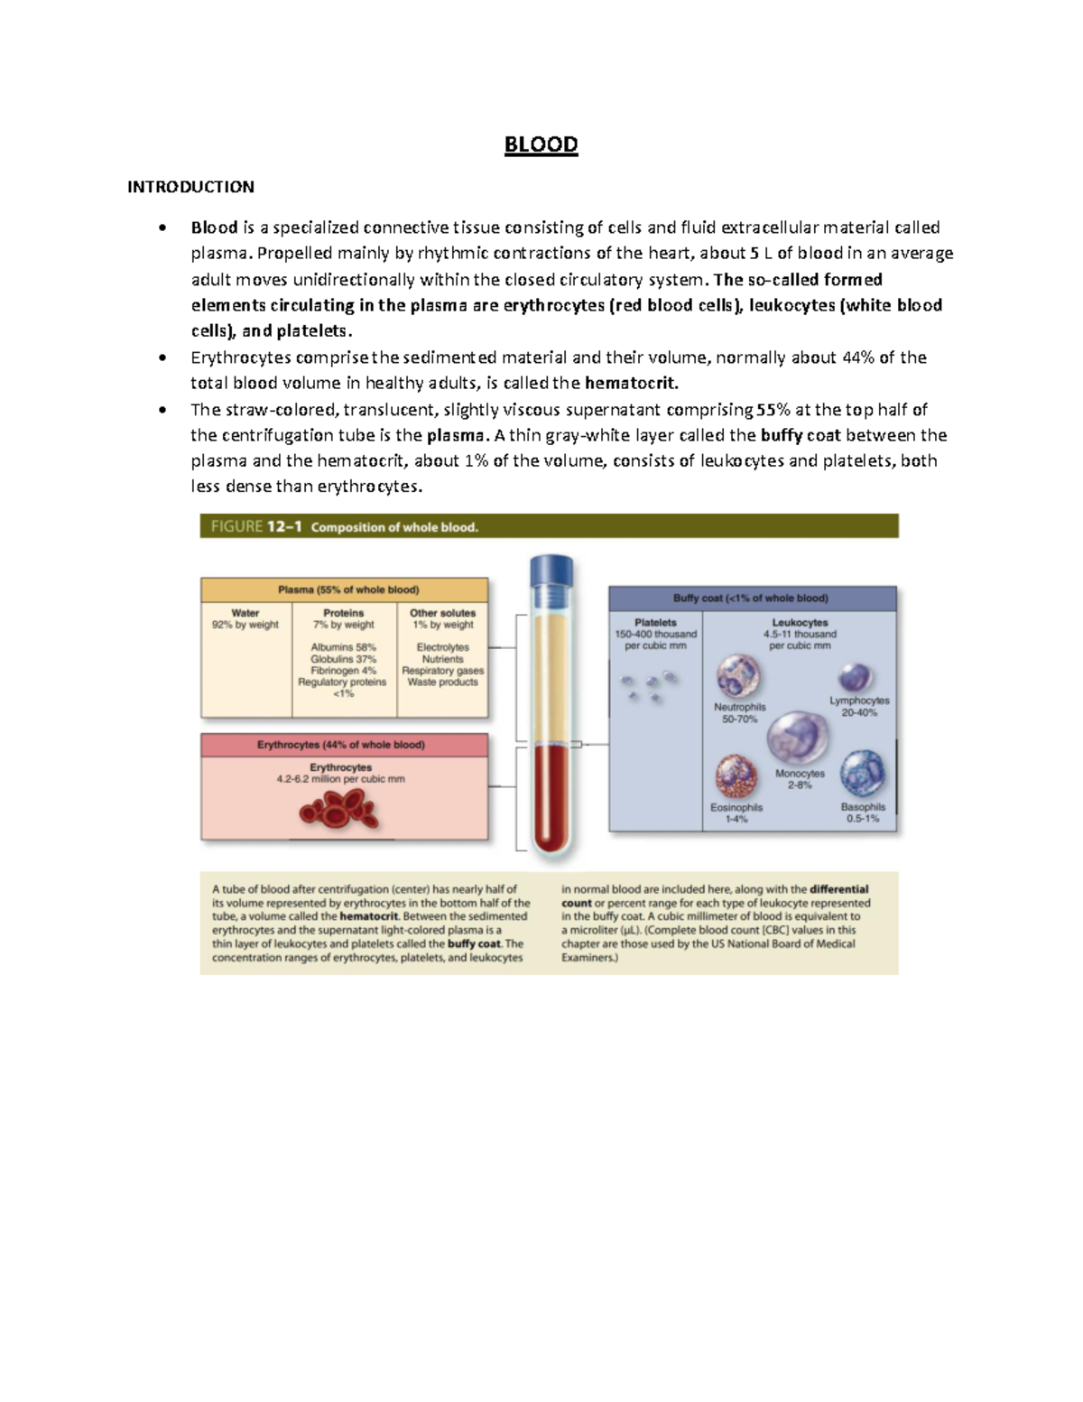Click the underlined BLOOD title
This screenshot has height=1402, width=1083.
tap(541, 144)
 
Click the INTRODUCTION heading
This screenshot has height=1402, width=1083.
tap(190, 187)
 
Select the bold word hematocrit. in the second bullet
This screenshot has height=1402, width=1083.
tap(631, 383)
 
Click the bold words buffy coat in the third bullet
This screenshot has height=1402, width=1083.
tap(801, 435)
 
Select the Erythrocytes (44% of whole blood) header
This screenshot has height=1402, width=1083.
tap(341, 745)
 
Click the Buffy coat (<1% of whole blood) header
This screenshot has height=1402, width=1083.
tap(750, 598)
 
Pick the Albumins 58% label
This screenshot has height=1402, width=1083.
tap(343, 647)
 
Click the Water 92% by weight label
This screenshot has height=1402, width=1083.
tap(245, 618)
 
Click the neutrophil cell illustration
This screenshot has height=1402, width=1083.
tap(738, 676)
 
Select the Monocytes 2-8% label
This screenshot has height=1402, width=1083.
tap(800, 779)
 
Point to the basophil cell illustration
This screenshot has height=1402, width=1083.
tap(862, 774)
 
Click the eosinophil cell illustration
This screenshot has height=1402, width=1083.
tap(736, 775)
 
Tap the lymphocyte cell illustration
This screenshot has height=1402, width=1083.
tap(854, 677)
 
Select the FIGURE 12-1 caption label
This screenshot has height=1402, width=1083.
tap(255, 526)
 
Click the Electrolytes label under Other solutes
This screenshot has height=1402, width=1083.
tap(442, 647)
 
